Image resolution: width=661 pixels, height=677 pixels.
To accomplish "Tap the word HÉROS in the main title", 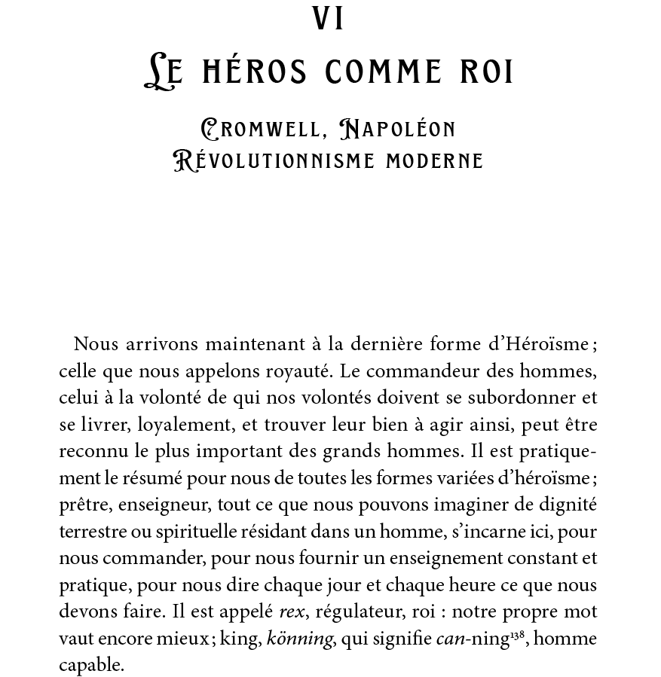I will tap(257, 72).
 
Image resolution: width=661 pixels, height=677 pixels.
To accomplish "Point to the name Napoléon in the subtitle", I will tap(398, 130).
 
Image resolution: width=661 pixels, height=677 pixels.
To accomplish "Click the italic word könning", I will tap(299, 639).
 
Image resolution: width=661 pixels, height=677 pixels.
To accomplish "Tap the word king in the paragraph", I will tap(241, 639).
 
